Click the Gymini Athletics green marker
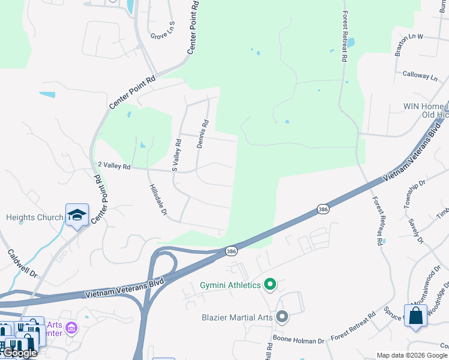(270, 284)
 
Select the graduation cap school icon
(77, 215)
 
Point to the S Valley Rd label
(176, 155)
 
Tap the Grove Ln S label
(162, 30)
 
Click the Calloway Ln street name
(420, 76)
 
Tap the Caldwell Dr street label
(23, 263)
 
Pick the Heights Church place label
(34, 217)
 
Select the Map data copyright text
(412, 355)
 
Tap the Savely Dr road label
(416, 231)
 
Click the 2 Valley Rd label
(114, 164)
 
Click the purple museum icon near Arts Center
(71, 328)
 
